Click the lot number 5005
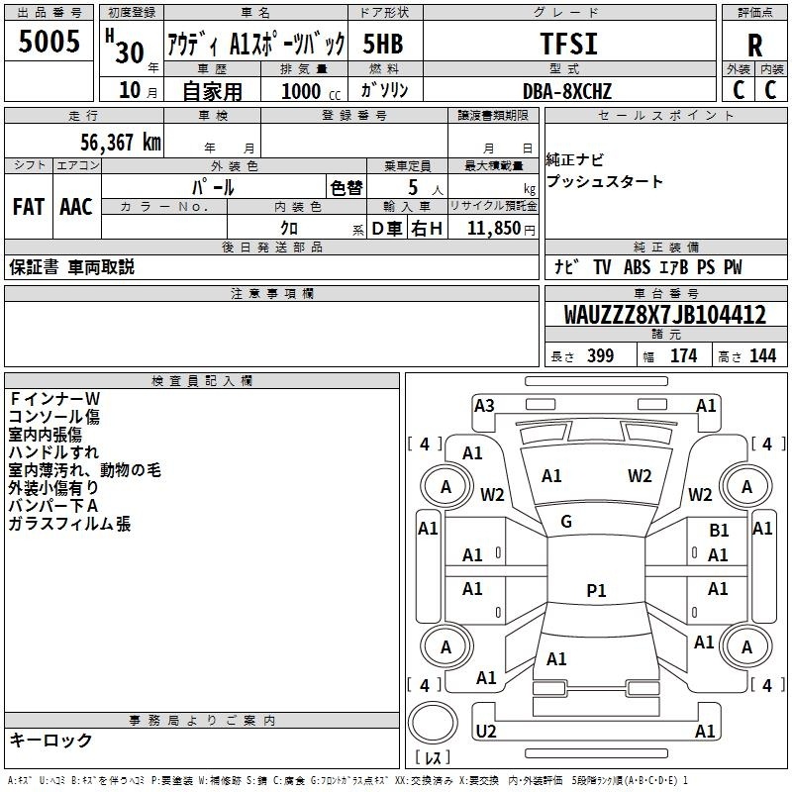coord(49,43)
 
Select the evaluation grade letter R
coord(754,45)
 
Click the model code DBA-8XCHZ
coord(567,91)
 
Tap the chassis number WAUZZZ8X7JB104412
coord(664,315)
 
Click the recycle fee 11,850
coord(493,229)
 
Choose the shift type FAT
coord(29,206)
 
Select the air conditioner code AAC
coord(76,206)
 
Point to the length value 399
coord(600,355)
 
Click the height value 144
coord(762,355)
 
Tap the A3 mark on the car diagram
coord(484,405)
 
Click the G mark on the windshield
coord(566,522)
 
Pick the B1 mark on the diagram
coord(720,531)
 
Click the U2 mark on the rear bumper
coord(485,731)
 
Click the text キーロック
coord(51,740)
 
